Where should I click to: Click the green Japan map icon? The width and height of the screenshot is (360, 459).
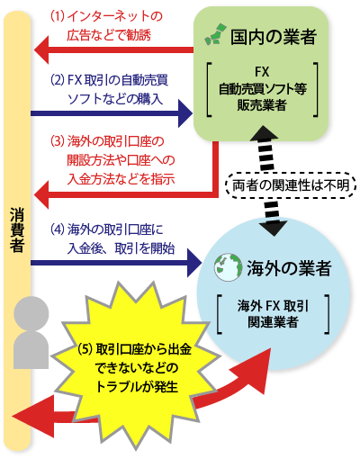click(214, 33)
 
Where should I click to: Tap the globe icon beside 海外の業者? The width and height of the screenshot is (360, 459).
click(228, 267)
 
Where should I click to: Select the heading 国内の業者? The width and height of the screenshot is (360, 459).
click(274, 37)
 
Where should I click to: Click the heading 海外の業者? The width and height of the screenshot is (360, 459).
click(289, 268)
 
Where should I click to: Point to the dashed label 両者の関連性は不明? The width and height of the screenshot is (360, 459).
click(291, 185)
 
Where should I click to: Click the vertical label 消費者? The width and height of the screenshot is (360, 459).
click(17, 229)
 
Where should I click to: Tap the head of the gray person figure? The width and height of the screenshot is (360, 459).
click(31, 313)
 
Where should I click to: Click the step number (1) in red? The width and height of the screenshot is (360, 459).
click(57, 16)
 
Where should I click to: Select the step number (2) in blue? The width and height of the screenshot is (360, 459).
click(58, 80)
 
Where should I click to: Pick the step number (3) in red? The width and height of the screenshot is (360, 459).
click(58, 141)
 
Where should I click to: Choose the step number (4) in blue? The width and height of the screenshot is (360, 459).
click(58, 229)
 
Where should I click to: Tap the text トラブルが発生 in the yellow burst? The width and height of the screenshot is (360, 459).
click(137, 387)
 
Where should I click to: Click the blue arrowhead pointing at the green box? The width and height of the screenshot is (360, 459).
click(185, 113)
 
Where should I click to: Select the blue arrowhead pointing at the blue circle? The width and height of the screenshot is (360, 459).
click(194, 263)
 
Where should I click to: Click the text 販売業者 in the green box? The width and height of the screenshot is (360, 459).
click(262, 104)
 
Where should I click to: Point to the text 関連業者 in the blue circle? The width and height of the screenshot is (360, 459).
click(273, 322)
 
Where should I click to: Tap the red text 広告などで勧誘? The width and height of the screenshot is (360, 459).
click(109, 35)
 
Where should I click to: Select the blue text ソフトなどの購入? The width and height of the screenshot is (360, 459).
click(115, 99)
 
